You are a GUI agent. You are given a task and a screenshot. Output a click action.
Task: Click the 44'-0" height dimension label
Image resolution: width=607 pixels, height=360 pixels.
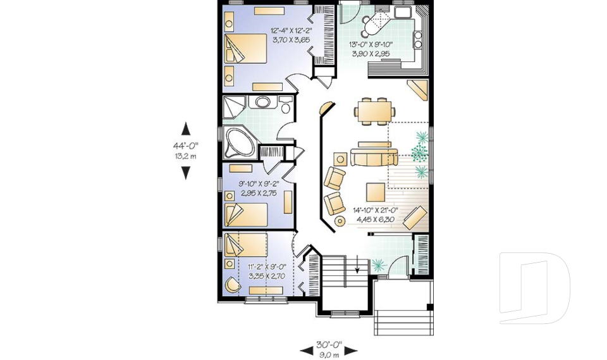185,146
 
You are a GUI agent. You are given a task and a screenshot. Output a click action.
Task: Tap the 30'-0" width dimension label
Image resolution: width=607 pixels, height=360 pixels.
329,345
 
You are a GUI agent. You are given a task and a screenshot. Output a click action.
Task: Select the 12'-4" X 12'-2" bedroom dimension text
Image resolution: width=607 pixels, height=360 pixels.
291,30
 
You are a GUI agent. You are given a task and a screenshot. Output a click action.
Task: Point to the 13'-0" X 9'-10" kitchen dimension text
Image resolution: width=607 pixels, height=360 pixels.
371,44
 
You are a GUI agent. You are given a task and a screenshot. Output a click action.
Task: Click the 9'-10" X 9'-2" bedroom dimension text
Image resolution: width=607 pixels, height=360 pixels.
259,183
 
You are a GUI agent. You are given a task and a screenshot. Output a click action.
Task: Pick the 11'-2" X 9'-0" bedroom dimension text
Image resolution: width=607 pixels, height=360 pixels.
267,266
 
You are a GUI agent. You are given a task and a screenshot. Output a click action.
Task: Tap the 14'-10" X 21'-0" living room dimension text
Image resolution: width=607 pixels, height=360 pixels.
376,211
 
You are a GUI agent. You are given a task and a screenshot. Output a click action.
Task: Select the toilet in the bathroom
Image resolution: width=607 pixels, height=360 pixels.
286,104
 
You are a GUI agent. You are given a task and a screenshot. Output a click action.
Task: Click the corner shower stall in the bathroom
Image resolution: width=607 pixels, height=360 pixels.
233,107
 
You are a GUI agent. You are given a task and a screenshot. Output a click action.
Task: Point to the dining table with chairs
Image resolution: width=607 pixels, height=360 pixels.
374,111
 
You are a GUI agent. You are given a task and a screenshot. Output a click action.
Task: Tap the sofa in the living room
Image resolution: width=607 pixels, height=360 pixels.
374,156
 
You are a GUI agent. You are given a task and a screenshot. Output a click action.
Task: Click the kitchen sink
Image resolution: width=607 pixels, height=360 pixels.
403,12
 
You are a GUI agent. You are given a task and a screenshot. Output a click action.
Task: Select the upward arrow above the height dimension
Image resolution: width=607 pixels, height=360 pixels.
186,128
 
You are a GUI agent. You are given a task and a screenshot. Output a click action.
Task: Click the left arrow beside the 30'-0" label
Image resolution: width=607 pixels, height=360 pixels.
307,351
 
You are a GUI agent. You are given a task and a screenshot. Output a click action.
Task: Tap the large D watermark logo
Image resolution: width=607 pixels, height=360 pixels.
534,288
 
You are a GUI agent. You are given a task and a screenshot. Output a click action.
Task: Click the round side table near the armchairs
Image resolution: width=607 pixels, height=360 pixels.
340,221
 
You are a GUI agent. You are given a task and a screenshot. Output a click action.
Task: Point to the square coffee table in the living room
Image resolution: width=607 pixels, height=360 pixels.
375,192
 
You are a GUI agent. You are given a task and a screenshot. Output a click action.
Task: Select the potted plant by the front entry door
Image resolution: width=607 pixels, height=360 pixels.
379,265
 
